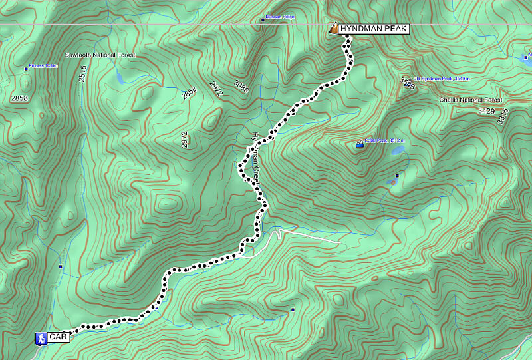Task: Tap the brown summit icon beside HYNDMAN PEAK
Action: (x=334, y=29)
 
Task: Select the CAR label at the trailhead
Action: (x=59, y=338)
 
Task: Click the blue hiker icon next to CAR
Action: (x=41, y=339)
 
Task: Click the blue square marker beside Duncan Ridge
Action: (x=263, y=20)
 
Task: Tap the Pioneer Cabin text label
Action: (x=45, y=68)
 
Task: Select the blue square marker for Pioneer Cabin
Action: (x=26, y=69)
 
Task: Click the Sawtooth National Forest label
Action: (x=100, y=55)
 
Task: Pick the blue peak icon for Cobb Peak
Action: (x=360, y=143)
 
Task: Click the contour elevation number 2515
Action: (x=83, y=73)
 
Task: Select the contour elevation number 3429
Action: (x=486, y=111)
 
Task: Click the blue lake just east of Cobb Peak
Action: (x=397, y=152)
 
